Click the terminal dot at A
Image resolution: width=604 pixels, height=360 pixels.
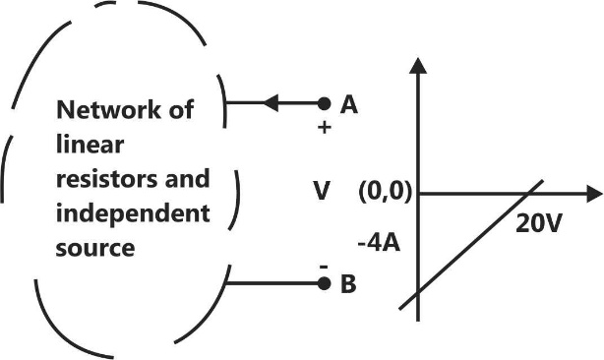(324, 102)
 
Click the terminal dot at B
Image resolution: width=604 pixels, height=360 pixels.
(324, 284)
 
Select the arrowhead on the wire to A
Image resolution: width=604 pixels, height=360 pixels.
(272, 102)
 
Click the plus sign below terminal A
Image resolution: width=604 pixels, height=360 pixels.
(324, 129)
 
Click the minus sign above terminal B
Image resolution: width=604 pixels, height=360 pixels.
(322, 266)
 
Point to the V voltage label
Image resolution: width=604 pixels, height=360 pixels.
(322, 191)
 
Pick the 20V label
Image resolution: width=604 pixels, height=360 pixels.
(538, 223)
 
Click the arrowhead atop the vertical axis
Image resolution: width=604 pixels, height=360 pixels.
(420, 65)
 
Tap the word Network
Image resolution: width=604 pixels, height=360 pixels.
(97, 110)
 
